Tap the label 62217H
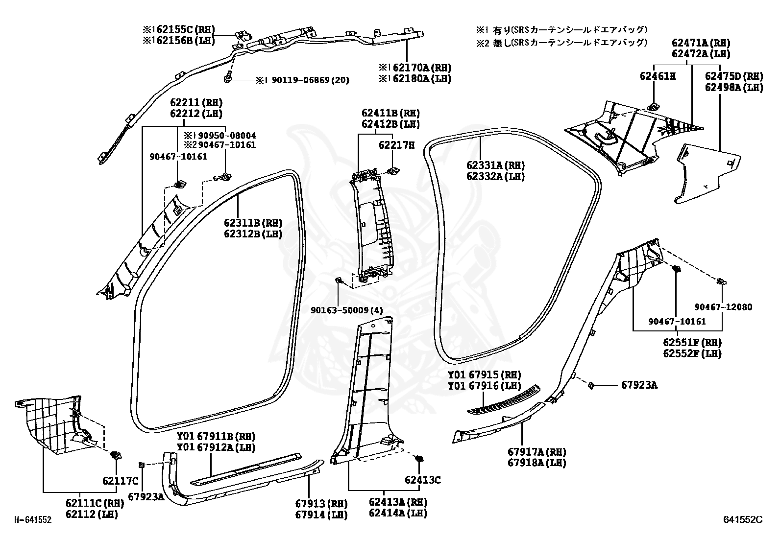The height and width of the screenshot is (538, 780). click(x=396, y=145)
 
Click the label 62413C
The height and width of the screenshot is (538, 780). click(x=422, y=480)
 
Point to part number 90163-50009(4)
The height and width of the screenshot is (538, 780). click(x=346, y=309)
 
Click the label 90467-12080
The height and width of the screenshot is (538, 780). click(x=723, y=307)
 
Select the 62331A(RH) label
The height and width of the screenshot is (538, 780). click(x=495, y=165)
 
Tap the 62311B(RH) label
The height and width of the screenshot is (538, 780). click(x=253, y=223)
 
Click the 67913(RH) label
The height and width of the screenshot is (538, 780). click(x=321, y=504)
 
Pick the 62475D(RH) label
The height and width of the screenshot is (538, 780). click(x=734, y=76)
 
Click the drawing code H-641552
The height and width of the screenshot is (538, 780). click(x=32, y=520)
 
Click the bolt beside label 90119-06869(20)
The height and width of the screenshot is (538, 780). click(x=228, y=78)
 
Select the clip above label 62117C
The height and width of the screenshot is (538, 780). click(x=117, y=455)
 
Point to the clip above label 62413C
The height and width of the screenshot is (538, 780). click(x=418, y=459)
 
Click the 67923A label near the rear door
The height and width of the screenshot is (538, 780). click(x=639, y=385)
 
